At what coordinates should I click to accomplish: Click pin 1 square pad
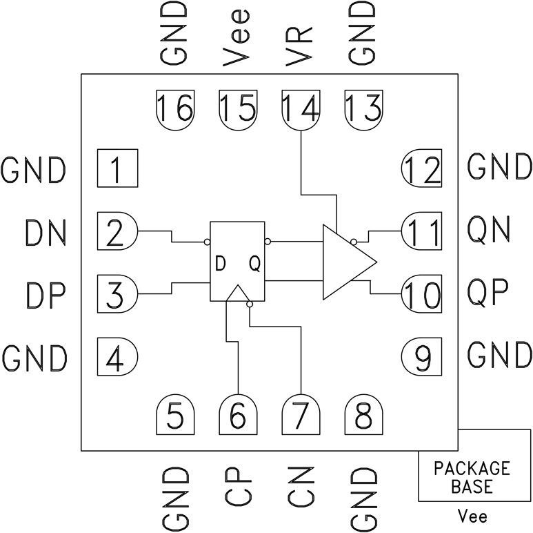(x=117, y=168)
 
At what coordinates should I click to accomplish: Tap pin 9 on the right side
(x=422, y=356)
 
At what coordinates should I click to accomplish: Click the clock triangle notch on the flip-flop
(x=238, y=294)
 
